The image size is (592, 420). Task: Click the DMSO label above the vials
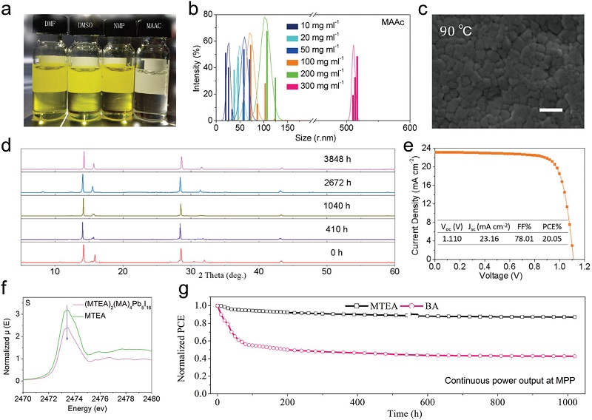(86, 24)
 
